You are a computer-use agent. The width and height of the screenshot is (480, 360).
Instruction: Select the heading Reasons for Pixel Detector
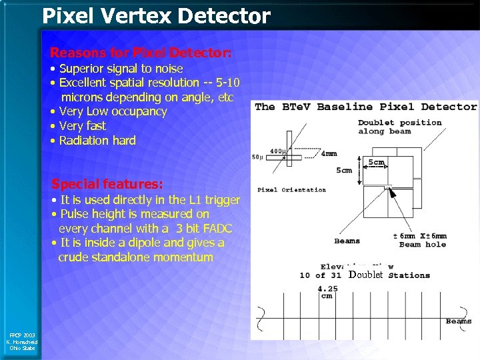[x=141, y=52]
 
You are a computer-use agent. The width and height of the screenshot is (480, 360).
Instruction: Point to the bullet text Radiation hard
[x=97, y=141]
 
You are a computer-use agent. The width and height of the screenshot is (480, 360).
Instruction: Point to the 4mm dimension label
[x=329, y=154]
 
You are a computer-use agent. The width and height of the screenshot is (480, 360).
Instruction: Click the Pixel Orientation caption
[x=291, y=190]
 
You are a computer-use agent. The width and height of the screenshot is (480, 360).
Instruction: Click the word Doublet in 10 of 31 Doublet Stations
[x=365, y=275]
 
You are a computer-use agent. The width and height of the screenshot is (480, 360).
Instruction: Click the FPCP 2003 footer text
[x=23, y=335]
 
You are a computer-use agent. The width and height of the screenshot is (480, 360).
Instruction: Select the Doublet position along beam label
[x=399, y=127]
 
